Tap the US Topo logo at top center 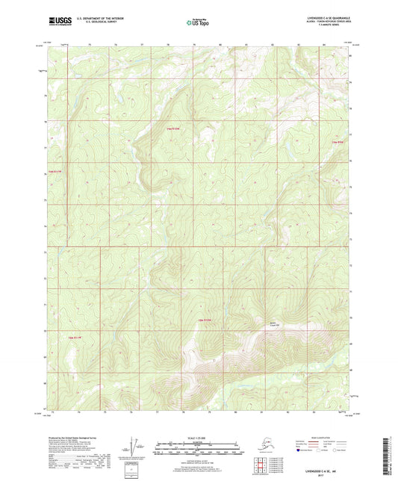[x=198, y=21]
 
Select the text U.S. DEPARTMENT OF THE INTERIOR [x=95, y=16]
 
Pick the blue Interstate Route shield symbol [x=299, y=451]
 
